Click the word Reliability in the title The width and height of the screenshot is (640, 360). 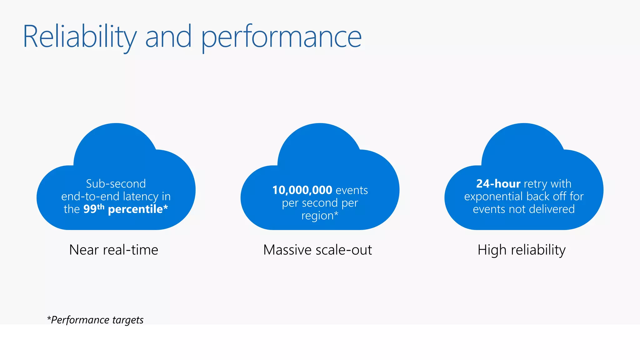point(80,37)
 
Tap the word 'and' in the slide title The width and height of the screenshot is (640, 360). point(168,37)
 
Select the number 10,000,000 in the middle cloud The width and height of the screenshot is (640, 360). point(302,190)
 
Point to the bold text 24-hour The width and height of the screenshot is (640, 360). point(498,184)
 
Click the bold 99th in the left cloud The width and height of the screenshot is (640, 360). point(93,209)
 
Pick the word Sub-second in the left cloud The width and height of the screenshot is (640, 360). point(116,184)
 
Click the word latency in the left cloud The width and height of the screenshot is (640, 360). point(141,196)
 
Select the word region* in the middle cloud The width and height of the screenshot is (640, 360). point(320,216)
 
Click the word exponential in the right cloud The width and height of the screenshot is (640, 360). point(493,197)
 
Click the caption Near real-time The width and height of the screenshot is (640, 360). point(114,250)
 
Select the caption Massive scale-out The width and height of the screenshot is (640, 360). point(317,250)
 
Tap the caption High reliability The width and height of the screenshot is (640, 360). point(522,250)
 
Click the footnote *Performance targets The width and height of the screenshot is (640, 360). point(95,320)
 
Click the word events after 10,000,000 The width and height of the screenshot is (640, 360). point(352,190)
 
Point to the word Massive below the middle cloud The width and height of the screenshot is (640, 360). point(287,250)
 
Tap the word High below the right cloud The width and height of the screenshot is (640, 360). point(492,250)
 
